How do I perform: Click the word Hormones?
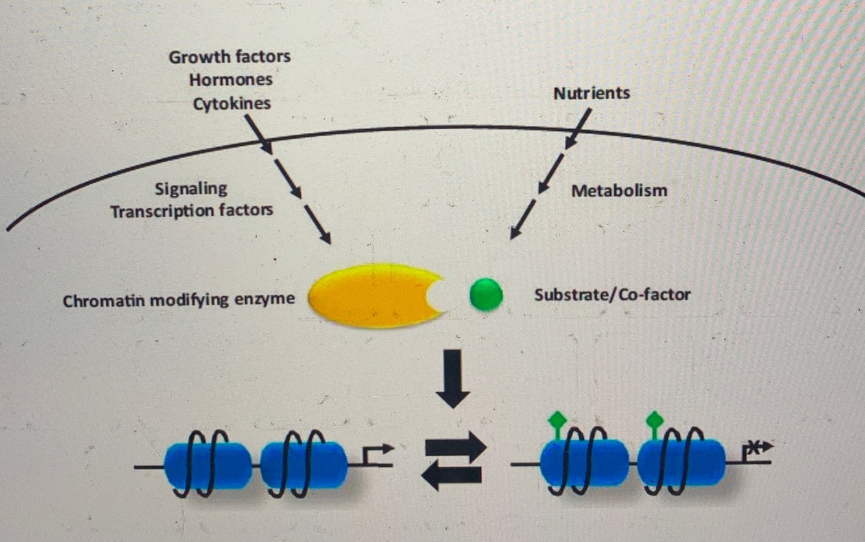click(231, 80)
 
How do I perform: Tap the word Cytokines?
click(231, 104)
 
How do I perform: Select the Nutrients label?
click(591, 93)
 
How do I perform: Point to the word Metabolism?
click(619, 191)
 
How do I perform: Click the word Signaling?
click(191, 189)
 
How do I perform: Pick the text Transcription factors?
click(191, 211)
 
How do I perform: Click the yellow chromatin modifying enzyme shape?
click(370, 295)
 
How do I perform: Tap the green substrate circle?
click(486, 295)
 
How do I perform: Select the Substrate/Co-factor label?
click(612, 295)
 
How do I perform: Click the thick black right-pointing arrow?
click(455, 447)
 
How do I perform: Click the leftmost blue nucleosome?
click(207, 465)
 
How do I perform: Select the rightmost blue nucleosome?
click(681, 462)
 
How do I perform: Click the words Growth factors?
click(230, 57)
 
